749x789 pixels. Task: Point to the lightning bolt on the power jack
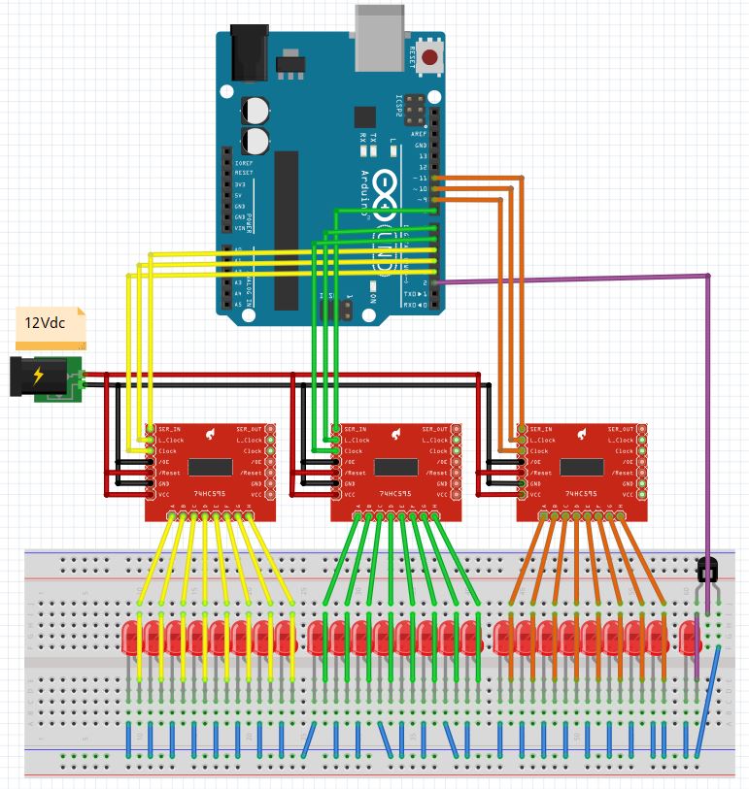pyautogui.click(x=39, y=377)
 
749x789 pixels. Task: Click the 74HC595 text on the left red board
pyautogui.click(x=210, y=494)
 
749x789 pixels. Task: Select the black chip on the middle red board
pyautogui.click(x=396, y=467)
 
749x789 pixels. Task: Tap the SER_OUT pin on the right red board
pyautogui.click(x=617, y=429)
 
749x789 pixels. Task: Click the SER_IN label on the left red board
pyautogui.click(x=167, y=429)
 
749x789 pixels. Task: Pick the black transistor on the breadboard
pyautogui.click(x=708, y=568)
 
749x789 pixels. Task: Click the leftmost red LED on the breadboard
pyautogui.click(x=132, y=638)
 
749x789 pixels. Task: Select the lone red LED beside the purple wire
pyautogui.click(x=691, y=638)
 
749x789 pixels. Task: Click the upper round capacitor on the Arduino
pyautogui.click(x=256, y=108)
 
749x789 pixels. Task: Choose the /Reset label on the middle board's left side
pyautogui.click(x=357, y=473)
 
